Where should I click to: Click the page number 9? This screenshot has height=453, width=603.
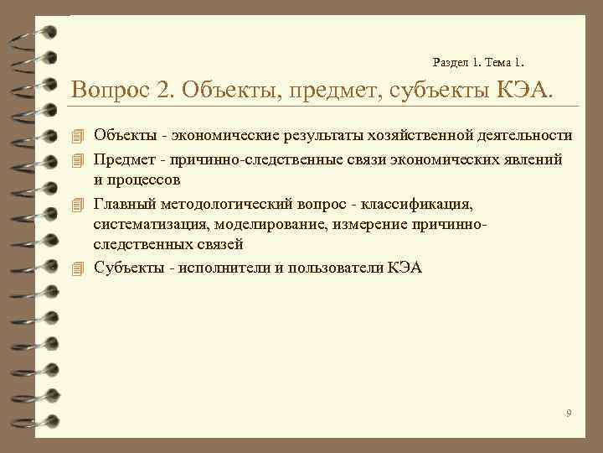pos(569,414)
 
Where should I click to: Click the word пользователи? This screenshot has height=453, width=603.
pos(333,268)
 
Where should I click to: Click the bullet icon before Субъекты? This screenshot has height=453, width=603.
pos(79,268)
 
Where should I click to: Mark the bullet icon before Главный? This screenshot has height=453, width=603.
pos(79,202)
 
